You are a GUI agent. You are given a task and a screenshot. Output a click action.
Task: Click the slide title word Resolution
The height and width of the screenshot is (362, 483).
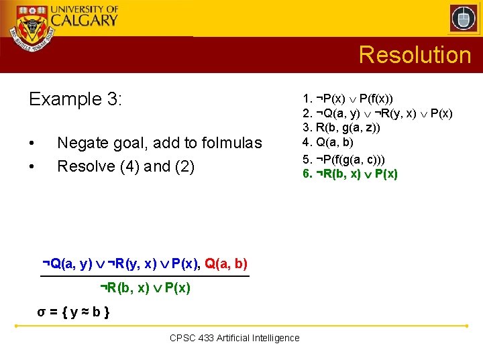(x=415, y=54)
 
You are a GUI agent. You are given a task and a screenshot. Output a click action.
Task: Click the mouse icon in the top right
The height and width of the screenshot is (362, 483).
(x=463, y=18)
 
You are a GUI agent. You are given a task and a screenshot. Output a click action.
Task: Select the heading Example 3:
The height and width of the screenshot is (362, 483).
(x=76, y=99)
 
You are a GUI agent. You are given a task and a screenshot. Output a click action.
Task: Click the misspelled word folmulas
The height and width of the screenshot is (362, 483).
(x=230, y=143)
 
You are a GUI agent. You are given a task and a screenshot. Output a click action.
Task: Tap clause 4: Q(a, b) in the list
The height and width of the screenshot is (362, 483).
(x=328, y=141)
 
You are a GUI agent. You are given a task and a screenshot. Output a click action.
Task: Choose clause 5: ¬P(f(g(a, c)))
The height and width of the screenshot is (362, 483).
(x=343, y=160)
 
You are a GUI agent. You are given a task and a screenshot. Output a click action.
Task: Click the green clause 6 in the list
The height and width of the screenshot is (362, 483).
(x=350, y=174)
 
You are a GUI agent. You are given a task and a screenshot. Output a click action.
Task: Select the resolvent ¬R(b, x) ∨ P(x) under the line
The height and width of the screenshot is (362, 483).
(x=145, y=288)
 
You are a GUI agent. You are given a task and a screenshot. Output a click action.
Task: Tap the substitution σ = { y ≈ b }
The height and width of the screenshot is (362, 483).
(x=74, y=312)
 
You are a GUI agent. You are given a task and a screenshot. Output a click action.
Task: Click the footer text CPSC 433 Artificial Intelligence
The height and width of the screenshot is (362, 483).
(x=235, y=338)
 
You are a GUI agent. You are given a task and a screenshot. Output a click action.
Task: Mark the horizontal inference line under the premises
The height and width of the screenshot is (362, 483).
(x=144, y=276)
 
